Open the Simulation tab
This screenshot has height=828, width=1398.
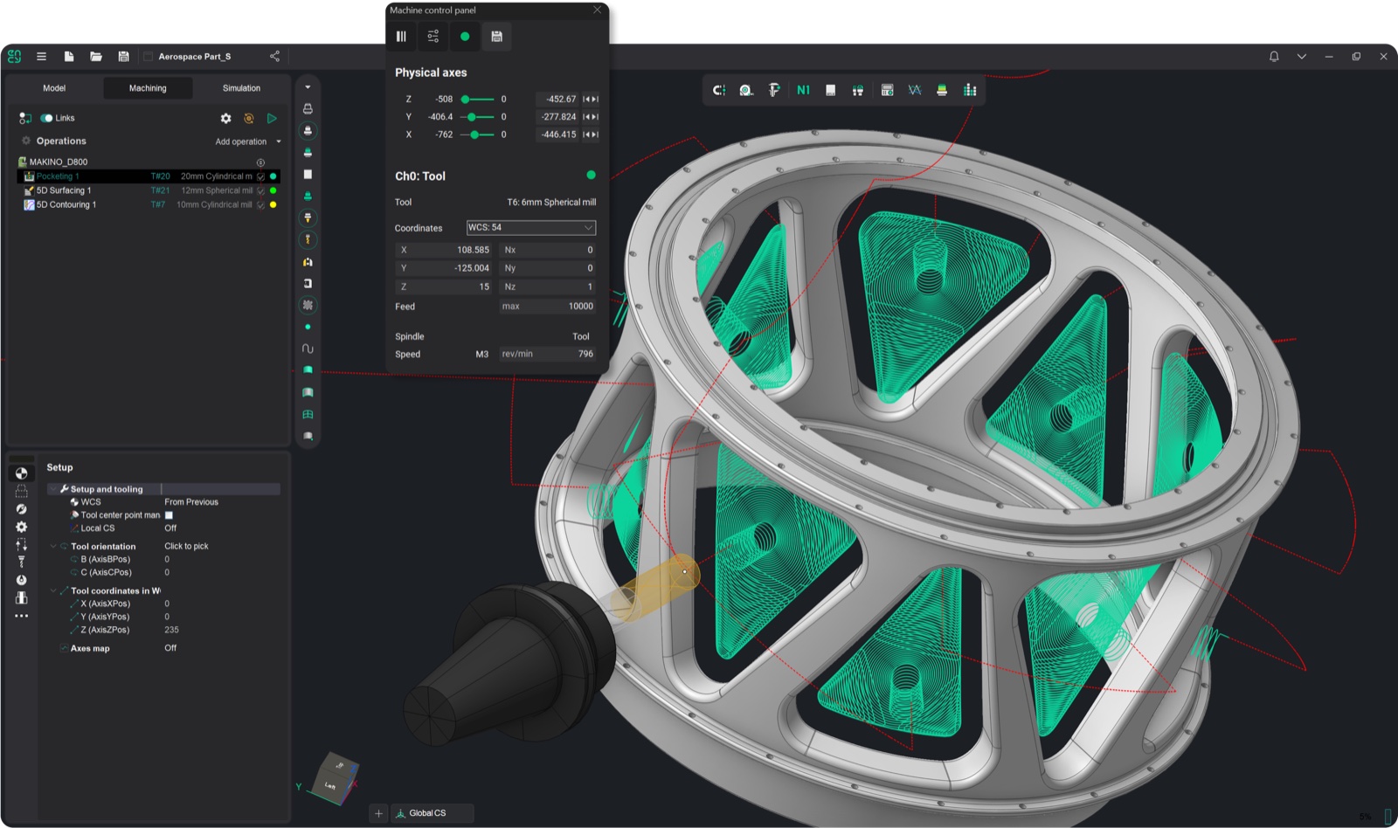(241, 88)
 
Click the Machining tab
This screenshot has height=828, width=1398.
(148, 88)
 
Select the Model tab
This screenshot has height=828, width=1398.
(54, 88)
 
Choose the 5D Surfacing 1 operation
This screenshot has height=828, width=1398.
(64, 190)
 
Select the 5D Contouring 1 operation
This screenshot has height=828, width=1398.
(66, 204)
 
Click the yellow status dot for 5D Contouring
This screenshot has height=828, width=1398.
(273, 204)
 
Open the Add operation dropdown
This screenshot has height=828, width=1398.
(248, 141)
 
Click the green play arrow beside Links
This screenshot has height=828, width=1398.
(272, 118)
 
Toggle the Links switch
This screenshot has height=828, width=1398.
(46, 118)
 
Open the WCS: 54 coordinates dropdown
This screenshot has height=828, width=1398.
(530, 227)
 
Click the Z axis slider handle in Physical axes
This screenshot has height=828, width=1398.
(466, 100)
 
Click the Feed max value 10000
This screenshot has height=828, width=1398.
(580, 307)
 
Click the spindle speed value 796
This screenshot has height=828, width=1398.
(585, 354)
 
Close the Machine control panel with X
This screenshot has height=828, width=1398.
(597, 10)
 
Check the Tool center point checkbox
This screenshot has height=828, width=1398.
(169, 515)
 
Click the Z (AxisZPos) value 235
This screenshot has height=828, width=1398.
(171, 630)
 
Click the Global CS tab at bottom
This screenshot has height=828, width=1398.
(427, 813)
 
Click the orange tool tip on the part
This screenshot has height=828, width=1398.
(684, 572)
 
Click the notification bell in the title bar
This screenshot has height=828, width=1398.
(1274, 56)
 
